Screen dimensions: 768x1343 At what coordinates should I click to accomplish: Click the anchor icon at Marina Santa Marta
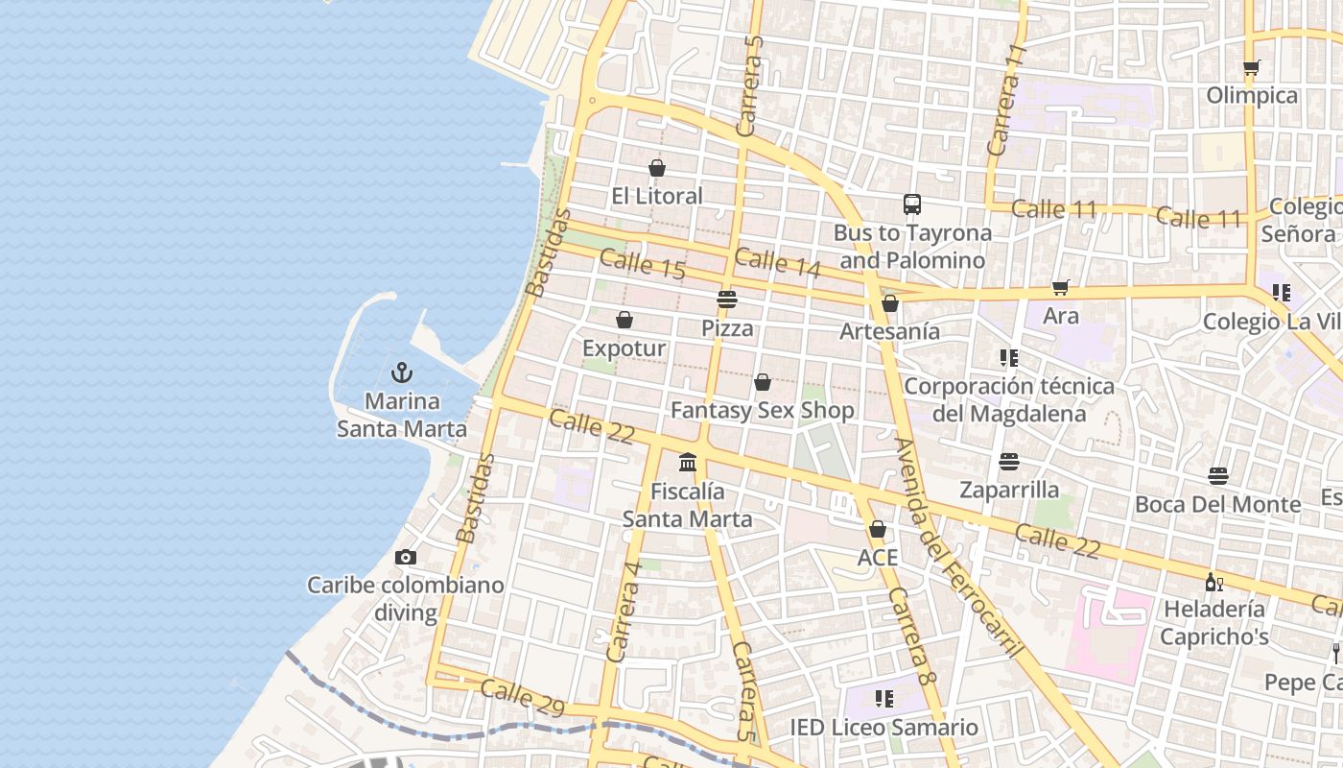point(402,372)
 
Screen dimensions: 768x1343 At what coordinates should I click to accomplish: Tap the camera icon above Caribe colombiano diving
point(406,557)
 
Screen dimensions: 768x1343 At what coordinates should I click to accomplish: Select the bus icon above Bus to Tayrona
point(912,204)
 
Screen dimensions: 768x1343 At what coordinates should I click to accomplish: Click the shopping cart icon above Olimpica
point(1251,67)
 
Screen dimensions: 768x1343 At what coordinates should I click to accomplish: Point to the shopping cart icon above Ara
point(1060,288)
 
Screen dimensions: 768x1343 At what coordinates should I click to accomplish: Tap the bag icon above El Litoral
point(657,168)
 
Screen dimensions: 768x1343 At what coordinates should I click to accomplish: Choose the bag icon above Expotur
point(624,320)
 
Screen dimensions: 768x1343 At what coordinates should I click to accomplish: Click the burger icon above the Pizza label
point(727,300)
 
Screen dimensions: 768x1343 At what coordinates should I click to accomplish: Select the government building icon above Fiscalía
point(688,463)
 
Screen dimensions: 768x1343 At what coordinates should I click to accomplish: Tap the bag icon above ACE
point(877,529)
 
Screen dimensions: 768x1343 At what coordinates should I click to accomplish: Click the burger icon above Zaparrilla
point(1008,462)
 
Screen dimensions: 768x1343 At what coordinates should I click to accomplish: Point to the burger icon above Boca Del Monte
point(1218,476)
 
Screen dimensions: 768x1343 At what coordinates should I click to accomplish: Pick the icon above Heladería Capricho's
point(1213,581)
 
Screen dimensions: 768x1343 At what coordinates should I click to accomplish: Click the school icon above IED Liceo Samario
point(884,698)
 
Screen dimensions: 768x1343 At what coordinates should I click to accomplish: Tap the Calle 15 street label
point(643,264)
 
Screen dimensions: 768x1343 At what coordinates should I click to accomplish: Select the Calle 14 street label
point(777,263)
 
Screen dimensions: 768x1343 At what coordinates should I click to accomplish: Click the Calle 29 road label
point(522,697)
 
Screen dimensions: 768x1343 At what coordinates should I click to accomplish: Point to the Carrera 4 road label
point(624,611)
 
